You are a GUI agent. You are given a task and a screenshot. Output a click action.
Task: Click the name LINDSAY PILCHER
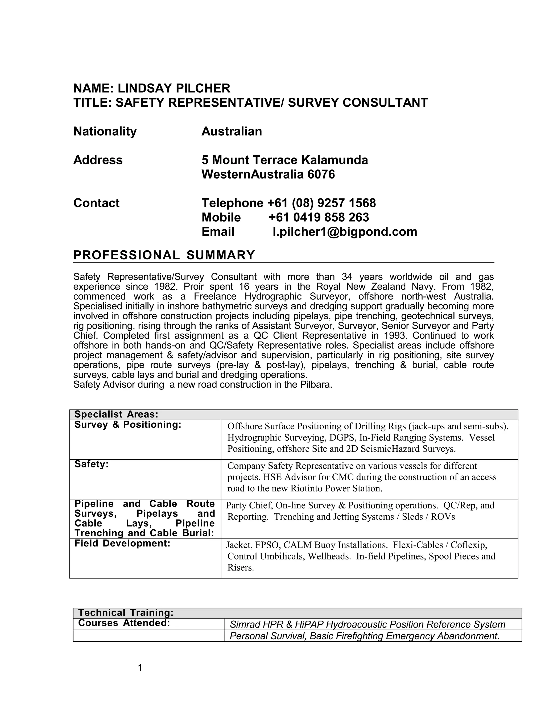click(174, 88)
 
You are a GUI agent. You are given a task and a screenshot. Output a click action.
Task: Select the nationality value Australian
click(232, 131)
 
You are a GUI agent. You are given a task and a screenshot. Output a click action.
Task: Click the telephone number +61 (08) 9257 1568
click(321, 203)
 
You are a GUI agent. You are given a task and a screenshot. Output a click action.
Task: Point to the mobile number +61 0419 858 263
click(318, 217)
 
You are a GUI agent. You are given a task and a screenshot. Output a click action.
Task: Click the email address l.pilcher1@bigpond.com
click(345, 232)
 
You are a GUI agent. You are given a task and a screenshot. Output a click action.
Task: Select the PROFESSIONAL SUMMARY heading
click(164, 255)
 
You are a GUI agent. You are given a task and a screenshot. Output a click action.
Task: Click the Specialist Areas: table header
click(116, 414)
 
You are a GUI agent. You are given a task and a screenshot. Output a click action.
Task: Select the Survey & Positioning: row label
click(128, 425)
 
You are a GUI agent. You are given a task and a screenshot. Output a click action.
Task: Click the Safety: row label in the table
click(91, 464)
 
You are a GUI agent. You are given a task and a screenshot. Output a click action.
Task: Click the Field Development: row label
click(122, 543)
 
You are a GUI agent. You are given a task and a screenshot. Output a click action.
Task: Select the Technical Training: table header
click(126, 613)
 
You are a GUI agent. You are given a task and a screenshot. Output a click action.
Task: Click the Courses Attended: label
click(124, 623)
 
